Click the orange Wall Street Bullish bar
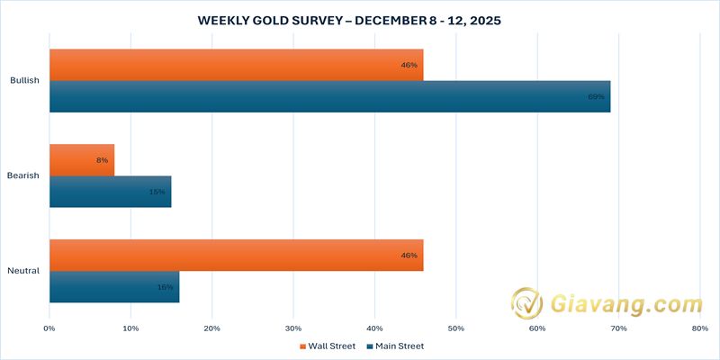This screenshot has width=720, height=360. tap(236, 65)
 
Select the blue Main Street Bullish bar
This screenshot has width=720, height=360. tap(329, 96)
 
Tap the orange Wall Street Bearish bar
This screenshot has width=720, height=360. tap(82, 160)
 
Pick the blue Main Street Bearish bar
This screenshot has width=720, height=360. tap(110, 192)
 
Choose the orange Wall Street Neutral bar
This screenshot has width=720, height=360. tap(236, 256)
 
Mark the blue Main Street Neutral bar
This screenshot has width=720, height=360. tap(114, 287)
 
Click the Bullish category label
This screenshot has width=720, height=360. tap(24, 81)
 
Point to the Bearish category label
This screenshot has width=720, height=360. tap(23, 175)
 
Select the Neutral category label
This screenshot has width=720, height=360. tap(23, 271)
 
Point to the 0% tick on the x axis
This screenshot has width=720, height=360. tap(49, 328)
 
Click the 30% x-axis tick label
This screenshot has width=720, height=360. tap(293, 328)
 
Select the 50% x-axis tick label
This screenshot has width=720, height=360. tap(456, 328)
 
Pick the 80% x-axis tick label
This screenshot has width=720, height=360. tap(700, 328)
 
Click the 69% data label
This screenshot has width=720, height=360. tap(596, 96)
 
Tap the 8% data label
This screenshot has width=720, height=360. tap(103, 160)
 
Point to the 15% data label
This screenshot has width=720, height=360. tap(157, 192)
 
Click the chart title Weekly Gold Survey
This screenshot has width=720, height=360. tap(360, 19)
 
